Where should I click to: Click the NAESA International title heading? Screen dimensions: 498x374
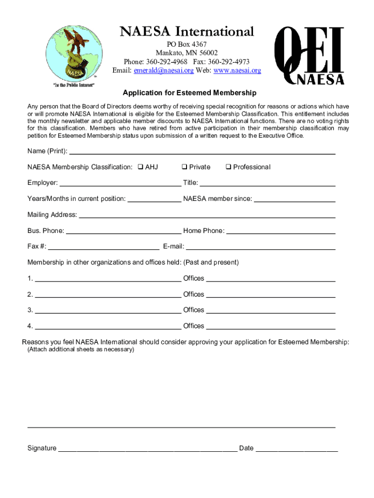[187, 32]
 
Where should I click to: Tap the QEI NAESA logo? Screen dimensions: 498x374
[309, 56]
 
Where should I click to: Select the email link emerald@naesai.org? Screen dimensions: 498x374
[164, 71]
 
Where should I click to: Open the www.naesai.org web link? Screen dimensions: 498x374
[237, 71]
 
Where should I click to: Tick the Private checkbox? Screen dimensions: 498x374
[185, 167]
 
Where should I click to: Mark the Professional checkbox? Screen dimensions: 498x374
[228, 167]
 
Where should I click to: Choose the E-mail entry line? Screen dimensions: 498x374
[261, 248]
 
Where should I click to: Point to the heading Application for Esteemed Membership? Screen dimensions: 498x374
[189, 93]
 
